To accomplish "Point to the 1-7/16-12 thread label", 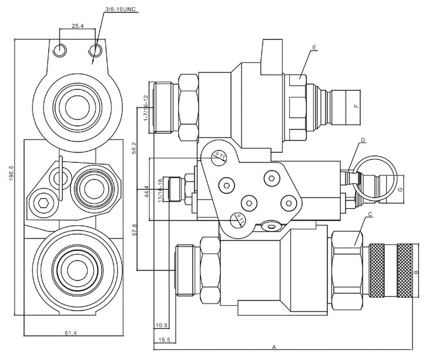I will (x=145, y=108).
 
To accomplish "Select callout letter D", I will (x=364, y=139).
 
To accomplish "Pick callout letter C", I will (x=369, y=214).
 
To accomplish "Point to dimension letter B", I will (x=417, y=272).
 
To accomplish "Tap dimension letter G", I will (x=400, y=189).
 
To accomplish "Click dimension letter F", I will (x=356, y=106).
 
